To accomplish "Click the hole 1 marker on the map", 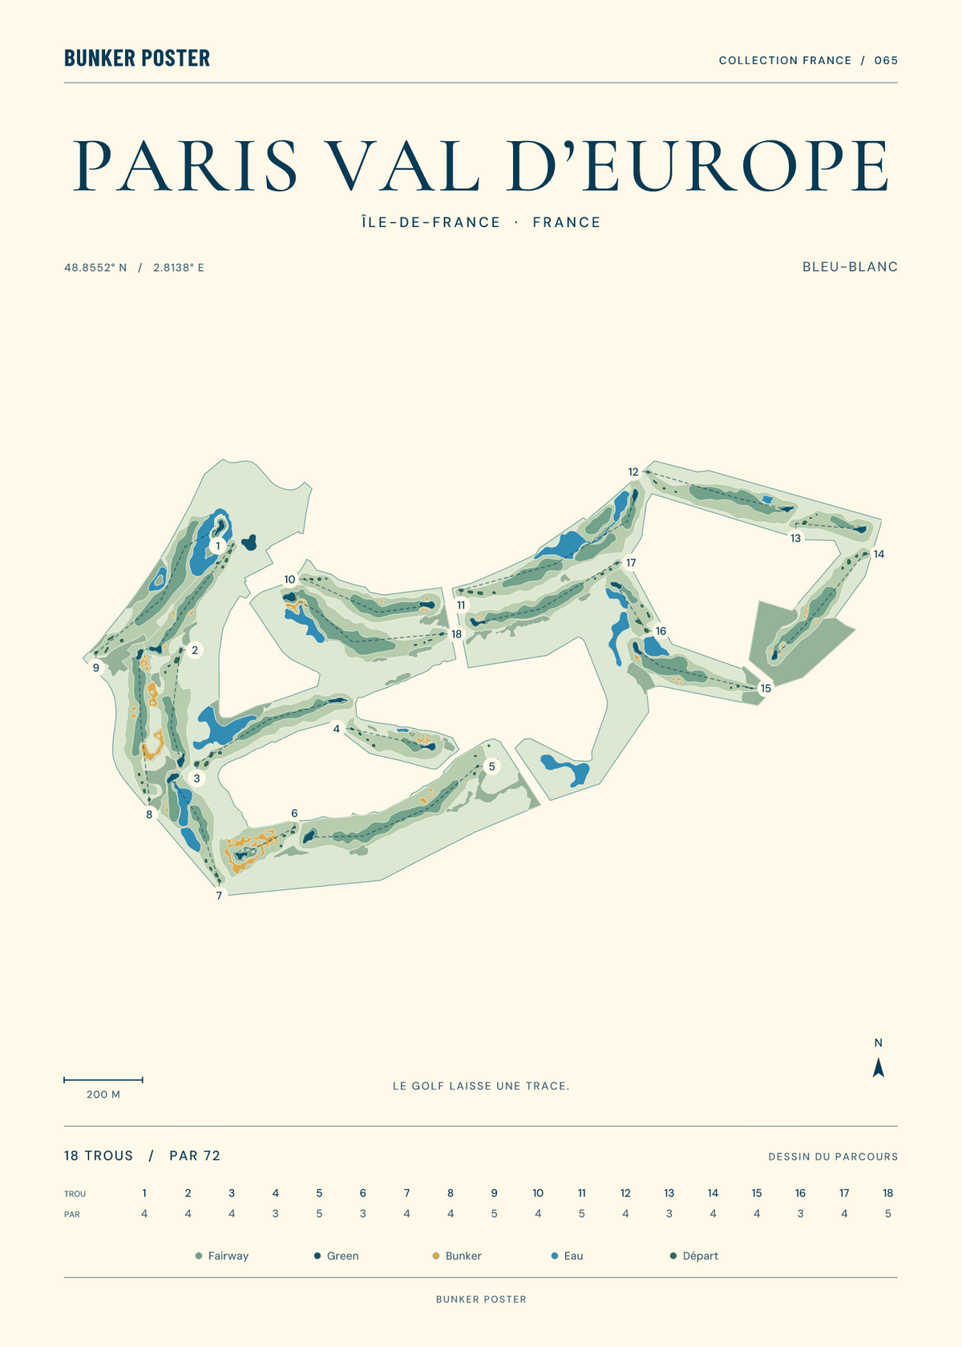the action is click(x=218, y=546).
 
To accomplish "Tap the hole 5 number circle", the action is click(x=492, y=767).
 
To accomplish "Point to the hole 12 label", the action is click(x=633, y=472).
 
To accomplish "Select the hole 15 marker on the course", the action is click(x=766, y=688).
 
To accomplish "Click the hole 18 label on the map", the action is click(x=456, y=633).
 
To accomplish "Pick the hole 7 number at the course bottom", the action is click(x=220, y=896).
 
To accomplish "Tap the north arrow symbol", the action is click(x=879, y=1067).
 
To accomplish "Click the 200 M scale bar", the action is click(x=103, y=1080).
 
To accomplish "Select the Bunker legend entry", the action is click(x=458, y=1256).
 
